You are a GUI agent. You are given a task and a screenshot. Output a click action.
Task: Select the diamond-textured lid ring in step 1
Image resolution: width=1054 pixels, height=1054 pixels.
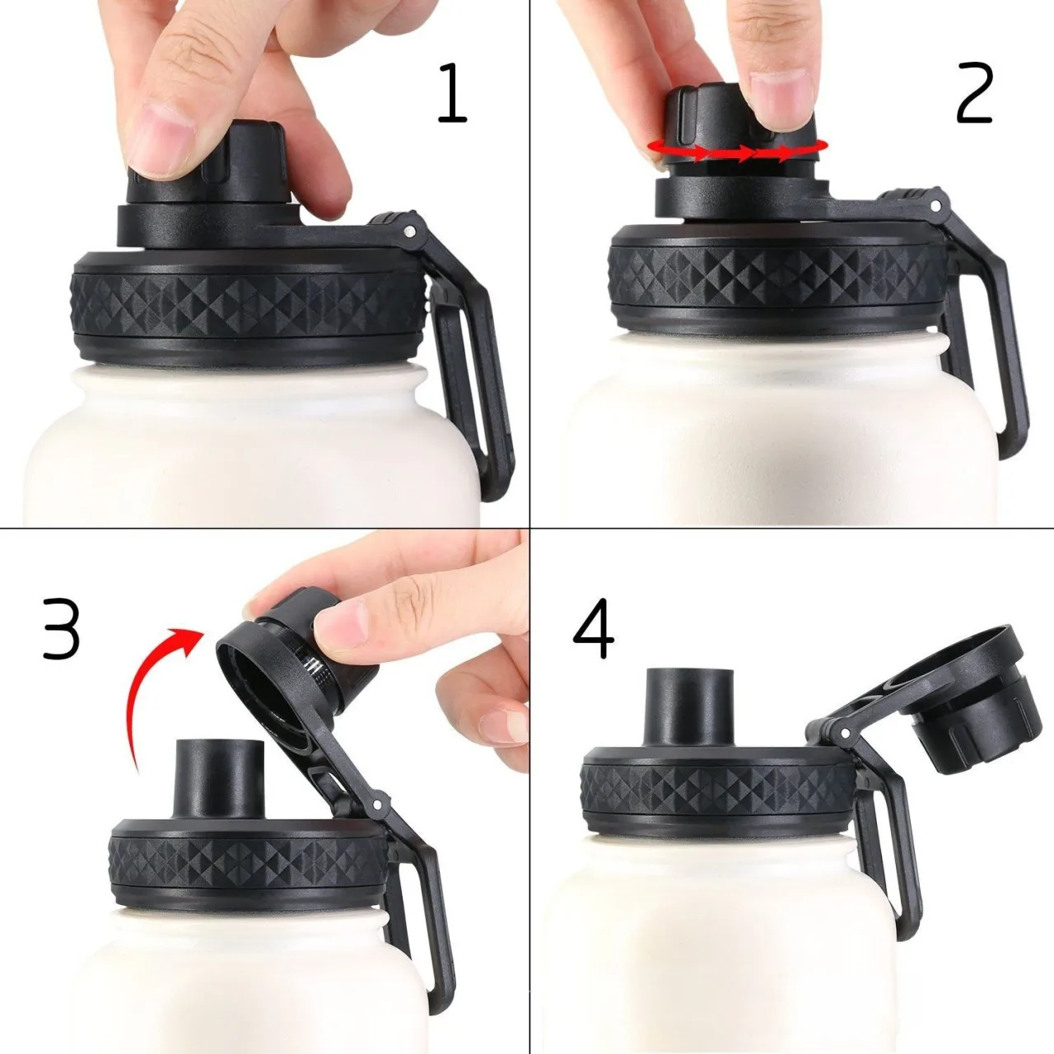point(247,301)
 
